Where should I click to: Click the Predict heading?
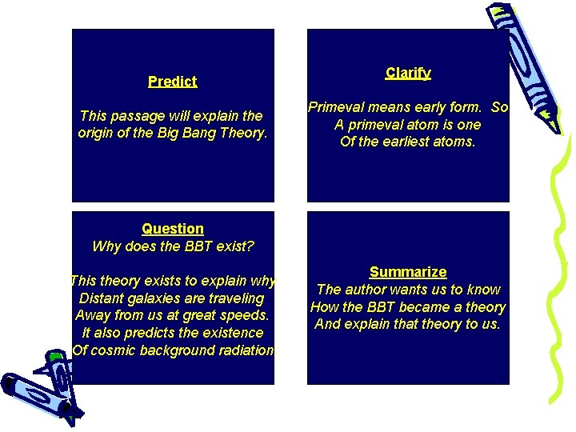pos(172,81)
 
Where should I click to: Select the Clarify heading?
pos(408,73)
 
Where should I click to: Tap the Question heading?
pos(173,229)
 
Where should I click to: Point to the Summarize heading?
pos(408,272)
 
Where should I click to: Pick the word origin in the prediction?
pos(98,133)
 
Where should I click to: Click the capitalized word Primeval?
pos(335,107)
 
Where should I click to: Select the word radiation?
pos(245,350)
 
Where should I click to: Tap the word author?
pos(366,290)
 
